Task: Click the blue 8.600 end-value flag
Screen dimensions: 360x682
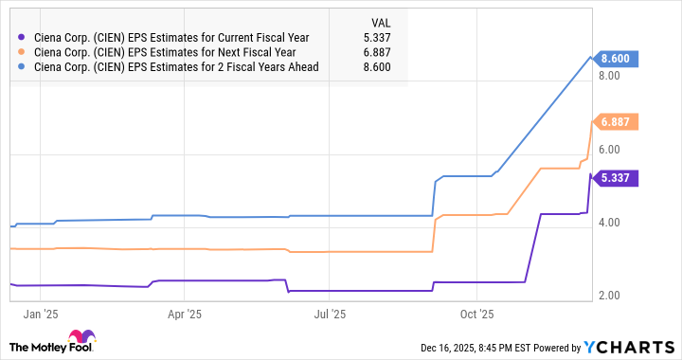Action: pos(615,59)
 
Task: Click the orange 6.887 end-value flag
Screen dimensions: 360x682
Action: pos(615,121)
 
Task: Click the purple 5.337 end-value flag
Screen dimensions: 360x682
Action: pos(615,178)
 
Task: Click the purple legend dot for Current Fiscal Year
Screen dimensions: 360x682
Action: pos(22,38)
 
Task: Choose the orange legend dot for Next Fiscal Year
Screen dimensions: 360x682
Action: pos(22,52)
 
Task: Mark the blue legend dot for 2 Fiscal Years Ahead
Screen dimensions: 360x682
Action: pos(22,66)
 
